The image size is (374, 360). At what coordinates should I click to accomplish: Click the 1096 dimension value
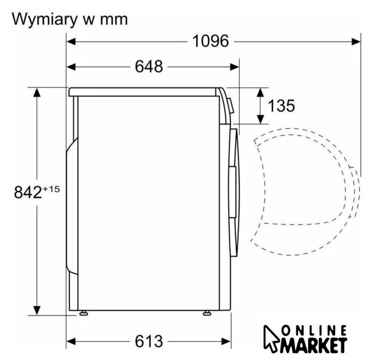(x=211, y=41)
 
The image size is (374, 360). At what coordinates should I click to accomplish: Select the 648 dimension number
(x=149, y=67)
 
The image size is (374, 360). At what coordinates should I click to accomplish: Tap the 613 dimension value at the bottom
(x=149, y=341)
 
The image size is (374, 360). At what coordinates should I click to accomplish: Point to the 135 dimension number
(x=282, y=106)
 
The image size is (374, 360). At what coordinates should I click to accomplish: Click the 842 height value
(x=28, y=192)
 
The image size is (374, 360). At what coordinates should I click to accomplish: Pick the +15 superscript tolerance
(x=51, y=189)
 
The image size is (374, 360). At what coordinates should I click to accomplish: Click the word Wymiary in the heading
(x=43, y=20)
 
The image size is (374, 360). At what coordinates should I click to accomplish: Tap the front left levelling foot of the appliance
(x=83, y=313)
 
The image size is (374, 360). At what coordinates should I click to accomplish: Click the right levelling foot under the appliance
(x=207, y=313)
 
